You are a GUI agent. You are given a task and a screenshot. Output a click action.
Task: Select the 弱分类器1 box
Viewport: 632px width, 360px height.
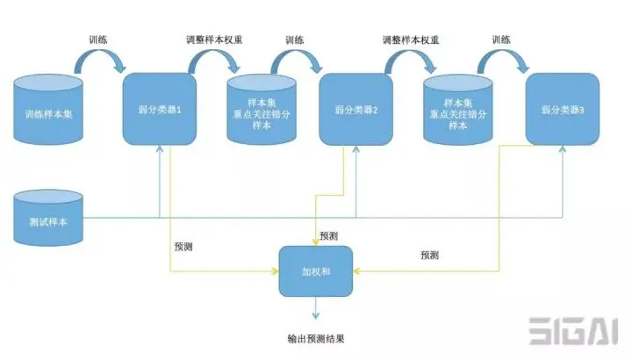coord(159,110)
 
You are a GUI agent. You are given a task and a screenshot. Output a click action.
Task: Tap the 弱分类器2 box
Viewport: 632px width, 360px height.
coord(355,110)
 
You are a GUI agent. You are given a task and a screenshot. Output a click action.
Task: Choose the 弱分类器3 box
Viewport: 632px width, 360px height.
coord(563,109)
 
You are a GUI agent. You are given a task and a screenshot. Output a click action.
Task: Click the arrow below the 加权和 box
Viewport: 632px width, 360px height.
coord(315,309)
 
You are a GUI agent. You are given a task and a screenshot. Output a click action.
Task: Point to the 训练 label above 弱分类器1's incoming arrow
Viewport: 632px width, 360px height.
coord(99,40)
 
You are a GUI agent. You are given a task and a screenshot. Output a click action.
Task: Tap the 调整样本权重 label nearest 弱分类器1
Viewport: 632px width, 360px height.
coord(214,40)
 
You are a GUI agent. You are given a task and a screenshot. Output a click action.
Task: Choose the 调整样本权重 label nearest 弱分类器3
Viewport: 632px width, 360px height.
coord(411,40)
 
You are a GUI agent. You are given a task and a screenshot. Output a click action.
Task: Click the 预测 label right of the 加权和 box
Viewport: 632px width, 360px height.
coord(429,255)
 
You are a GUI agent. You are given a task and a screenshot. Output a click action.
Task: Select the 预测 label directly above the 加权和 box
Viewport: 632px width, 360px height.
coord(328,236)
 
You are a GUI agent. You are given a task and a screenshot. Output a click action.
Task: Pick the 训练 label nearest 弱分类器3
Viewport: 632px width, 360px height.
coord(501,40)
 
